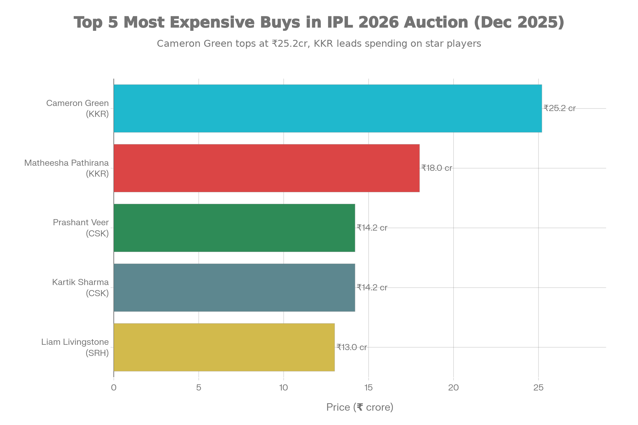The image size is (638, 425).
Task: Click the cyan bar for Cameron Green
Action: [x=328, y=108]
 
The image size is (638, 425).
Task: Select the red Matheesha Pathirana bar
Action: [x=267, y=168]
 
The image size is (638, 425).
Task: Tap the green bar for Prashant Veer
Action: [x=234, y=228]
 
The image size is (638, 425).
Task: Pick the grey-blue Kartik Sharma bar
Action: [x=234, y=288]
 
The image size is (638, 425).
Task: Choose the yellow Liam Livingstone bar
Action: [x=224, y=347]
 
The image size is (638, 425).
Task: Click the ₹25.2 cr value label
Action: [x=559, y=108]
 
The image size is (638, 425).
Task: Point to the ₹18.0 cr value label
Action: [x=437, y=168]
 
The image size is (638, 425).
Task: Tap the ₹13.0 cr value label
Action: [x=352, y=347]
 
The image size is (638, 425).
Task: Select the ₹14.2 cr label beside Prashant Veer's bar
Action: [x=372, y=228]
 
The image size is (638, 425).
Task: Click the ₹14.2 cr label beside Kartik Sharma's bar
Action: [x=372, y=287]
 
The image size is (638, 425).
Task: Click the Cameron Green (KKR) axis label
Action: [x=78, y=108]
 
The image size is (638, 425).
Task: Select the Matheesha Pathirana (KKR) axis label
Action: [x=67, y=168]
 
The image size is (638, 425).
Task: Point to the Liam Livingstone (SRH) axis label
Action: [x=75, y=347]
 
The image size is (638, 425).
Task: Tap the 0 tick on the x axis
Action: [x=114, y=388]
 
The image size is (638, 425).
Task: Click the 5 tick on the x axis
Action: [x=199, y=388]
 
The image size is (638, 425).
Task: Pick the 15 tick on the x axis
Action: [x=368, y=388]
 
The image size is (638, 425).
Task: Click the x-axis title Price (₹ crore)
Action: [x=360, y=407]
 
